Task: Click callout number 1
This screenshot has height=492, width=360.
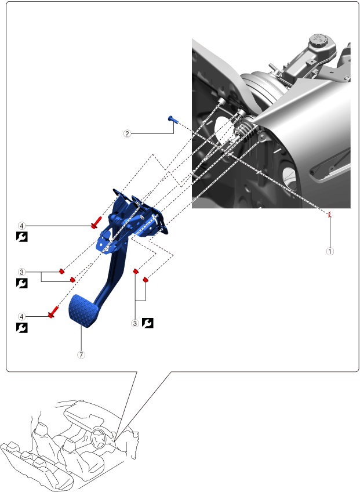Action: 330,251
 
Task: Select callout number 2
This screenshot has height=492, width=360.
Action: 127,134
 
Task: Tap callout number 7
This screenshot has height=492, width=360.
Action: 81,355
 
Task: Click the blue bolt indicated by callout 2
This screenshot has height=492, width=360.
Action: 173,119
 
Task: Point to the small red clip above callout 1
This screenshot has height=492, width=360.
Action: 330,215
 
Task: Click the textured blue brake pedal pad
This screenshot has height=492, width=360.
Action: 82,310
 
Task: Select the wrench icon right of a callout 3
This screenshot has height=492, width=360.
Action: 148,323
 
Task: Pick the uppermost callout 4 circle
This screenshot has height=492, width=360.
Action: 21,226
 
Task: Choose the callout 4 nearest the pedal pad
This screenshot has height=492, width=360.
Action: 21,317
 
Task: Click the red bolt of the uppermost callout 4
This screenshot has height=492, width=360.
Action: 96,222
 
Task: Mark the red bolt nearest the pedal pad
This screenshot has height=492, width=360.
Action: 53,312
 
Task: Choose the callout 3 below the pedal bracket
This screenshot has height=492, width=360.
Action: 135,323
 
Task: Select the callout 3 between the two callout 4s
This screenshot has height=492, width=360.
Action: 21,272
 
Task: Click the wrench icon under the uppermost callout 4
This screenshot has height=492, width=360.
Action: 22,237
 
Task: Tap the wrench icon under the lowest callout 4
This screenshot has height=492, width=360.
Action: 22,328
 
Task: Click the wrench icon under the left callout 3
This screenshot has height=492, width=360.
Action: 22,283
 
